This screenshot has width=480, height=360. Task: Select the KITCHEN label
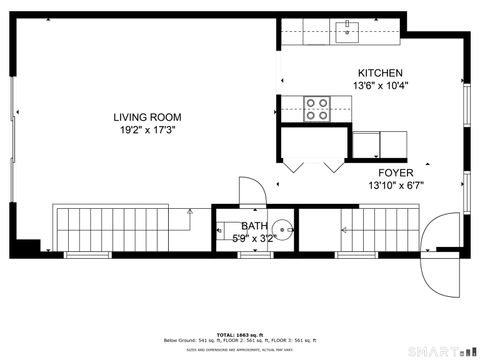[x=380, y=73]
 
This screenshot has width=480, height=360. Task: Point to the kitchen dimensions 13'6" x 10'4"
[x=380, y=85]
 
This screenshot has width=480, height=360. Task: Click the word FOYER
[x=395, y=172]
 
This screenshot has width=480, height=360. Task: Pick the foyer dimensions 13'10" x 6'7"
[x=395, y=184]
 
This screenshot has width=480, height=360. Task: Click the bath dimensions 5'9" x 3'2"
[x=252, y=238]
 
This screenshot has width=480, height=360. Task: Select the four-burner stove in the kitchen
[x=317, y=108]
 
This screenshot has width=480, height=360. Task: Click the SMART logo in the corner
[x=439, y=352]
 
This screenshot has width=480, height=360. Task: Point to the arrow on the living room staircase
[x=189, y=212]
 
